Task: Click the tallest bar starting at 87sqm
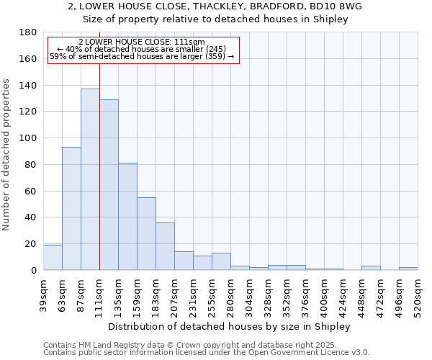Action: coord(90,179)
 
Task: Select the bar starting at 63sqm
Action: coord(71,208)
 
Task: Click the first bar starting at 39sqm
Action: coord(53,258)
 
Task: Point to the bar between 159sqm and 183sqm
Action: coord(146,233)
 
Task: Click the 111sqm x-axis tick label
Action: coord(99,294)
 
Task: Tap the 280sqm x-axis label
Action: coord(230,294)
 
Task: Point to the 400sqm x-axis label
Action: coord(324,294)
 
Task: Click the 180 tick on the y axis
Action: coord(29,32)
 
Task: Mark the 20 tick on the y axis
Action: coord(31,244)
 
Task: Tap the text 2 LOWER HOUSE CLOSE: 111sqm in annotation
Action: coord(142,42)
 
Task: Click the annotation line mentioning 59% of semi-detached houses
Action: coord(142,56)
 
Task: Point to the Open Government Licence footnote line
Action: coord(207,353)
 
